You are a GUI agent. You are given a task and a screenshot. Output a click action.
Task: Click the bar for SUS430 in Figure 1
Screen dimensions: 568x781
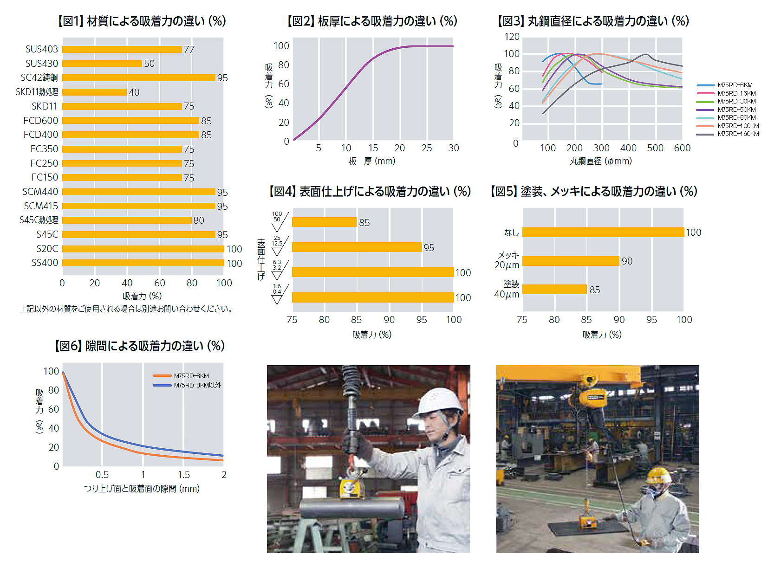tap(102, 64)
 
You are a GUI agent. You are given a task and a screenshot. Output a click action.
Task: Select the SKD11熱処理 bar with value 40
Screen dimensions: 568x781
tap(94, 92)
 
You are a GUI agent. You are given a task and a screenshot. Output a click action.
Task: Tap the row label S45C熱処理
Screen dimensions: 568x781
tap(39, 220)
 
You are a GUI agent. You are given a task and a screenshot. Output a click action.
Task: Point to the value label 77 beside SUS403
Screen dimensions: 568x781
tap(189, 50)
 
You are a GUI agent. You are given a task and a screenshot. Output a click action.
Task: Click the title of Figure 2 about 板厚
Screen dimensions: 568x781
tap(372, 21)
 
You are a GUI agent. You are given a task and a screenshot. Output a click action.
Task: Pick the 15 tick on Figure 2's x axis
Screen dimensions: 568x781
tap(373, 148)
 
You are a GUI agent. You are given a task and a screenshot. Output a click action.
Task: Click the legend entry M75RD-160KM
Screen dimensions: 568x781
tap(738, 134)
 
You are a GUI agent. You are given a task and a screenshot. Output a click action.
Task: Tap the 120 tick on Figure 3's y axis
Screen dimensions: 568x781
tap(512, 37)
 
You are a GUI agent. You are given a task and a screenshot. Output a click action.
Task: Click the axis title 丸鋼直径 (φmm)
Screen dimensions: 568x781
tap(601, 161)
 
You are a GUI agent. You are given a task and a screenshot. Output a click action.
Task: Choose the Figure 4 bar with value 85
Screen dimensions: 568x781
tap(324, 222)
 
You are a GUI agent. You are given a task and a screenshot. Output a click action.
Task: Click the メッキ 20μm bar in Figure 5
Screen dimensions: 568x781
tap(571, 261)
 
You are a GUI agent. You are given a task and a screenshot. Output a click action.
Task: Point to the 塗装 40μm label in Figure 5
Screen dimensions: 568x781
tap(507, 289)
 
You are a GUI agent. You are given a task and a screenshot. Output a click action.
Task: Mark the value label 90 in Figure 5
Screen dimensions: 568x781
tap(627, 261)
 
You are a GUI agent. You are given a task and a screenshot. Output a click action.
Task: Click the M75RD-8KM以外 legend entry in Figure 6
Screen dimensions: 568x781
tap(197, 385)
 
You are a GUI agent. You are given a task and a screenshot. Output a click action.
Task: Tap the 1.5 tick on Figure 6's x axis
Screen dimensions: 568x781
tap(184, 475)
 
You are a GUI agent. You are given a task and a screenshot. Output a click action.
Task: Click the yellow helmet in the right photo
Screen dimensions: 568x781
tap(660, 475)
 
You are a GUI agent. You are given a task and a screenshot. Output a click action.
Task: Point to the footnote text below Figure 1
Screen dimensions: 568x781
tap(126, 309)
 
